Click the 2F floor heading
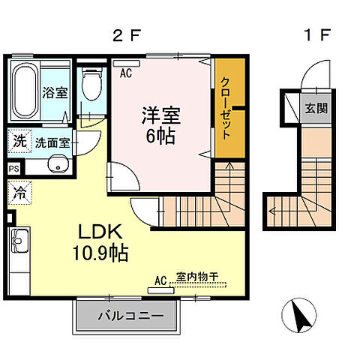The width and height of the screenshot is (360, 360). (x=124, y=35)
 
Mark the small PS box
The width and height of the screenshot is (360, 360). (x=15, y=170)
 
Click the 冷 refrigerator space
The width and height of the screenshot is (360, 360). (x=19, y=191)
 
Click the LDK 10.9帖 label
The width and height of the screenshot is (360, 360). (x=100, y=242)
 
